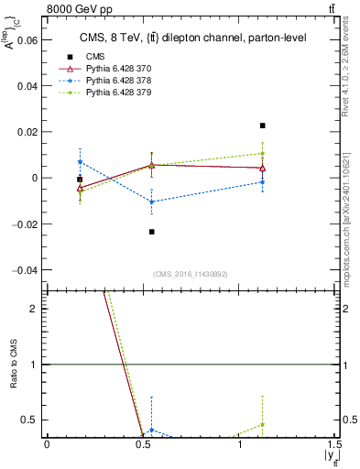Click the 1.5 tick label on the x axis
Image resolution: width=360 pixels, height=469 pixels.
335,444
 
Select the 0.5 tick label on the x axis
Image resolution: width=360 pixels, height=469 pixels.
142,444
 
